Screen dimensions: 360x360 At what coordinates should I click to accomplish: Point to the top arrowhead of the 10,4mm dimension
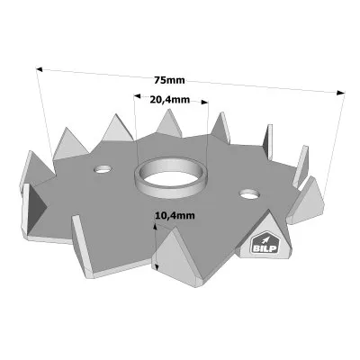coord(156,226)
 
